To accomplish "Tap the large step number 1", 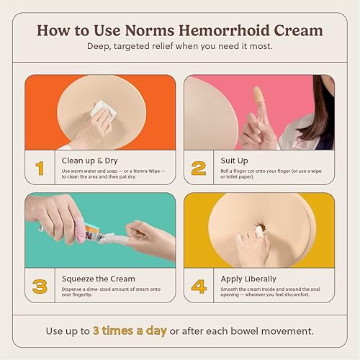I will coord(40,168).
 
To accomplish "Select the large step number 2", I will coord(199,168).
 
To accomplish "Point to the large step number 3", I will coord(40,287).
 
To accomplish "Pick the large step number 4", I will coord(199,287).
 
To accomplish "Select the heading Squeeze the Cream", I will coord(98,278).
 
